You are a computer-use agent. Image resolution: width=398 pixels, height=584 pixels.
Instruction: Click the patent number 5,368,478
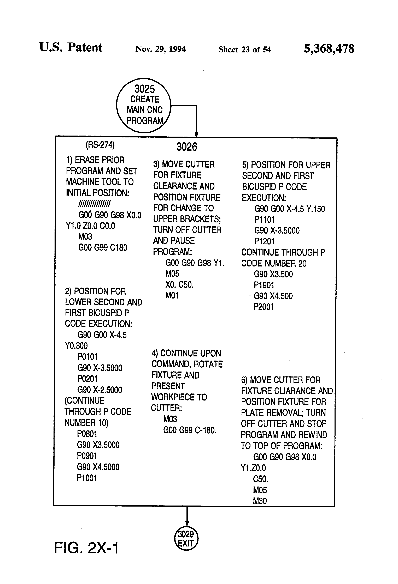coord(329,48)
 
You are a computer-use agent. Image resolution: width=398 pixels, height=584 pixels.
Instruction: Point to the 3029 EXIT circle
coord(186,539)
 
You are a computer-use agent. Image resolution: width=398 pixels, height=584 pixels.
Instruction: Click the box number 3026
coord(186,147)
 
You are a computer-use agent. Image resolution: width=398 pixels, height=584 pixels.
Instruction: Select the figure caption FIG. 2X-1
coord(86,548)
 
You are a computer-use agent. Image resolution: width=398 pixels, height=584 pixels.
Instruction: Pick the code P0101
coord(87,357)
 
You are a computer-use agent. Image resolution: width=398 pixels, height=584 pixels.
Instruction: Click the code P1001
coord(87,478)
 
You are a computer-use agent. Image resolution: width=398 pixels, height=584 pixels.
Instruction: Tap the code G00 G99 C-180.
coord(190,430)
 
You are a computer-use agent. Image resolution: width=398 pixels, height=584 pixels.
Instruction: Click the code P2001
coord(263,307)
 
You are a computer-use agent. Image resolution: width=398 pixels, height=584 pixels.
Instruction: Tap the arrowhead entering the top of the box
coord(196,135)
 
